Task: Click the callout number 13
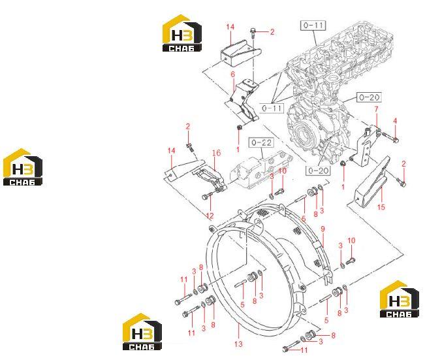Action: (238, 344)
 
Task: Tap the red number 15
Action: (381, 207)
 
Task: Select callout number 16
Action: (216, 153)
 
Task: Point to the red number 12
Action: (210, 216)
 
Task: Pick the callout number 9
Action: (323, 229)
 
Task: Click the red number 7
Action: (376, 109)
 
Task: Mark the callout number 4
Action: (395, 121)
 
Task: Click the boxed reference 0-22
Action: (262, 142)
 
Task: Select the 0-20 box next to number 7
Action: (370, 97)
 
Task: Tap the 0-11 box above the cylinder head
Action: (313, 25)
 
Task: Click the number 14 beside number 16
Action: (171, 150)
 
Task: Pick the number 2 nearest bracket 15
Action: (403, 164)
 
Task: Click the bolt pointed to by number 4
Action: (390, 137)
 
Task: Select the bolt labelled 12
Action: (208, 196)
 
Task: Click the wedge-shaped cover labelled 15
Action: (372, 182)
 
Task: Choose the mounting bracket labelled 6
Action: (244, 101)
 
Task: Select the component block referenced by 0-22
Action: (261, 171)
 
